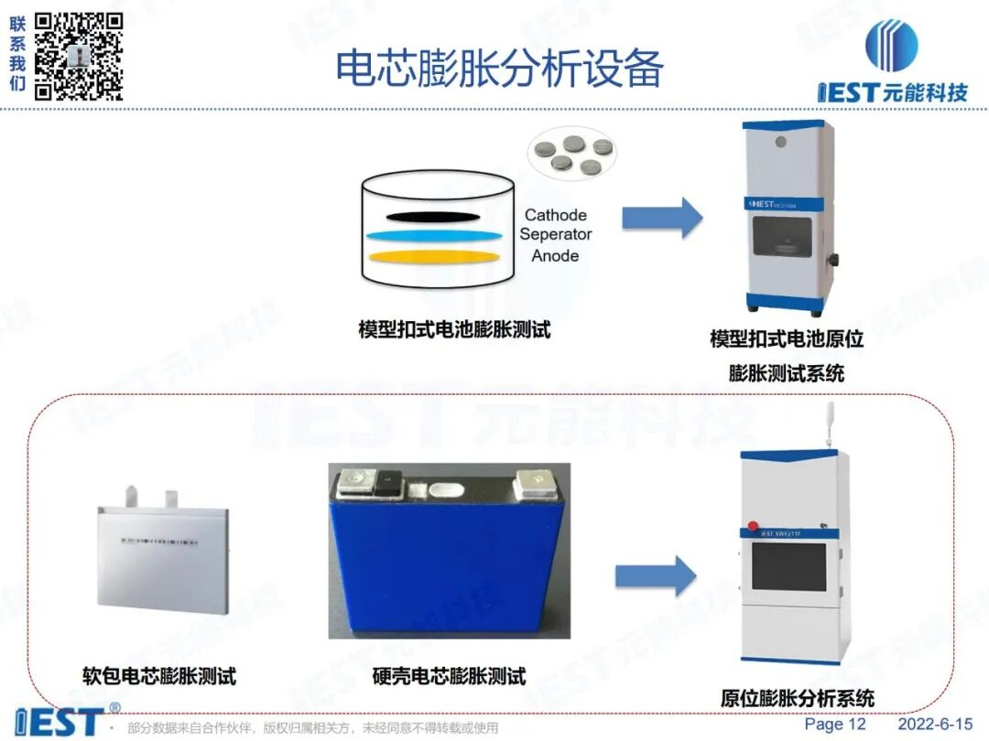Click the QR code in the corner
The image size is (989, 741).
click(x=79, y=55)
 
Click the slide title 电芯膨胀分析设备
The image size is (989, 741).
click(x=499, y=68)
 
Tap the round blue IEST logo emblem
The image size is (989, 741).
click(x=891, y=45)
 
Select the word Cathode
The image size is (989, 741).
click(x=555, y=216)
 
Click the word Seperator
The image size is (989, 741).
click(x=556, y=235)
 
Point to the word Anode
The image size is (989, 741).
click(x=555, y=256)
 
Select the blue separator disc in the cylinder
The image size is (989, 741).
click(x=434, y=236)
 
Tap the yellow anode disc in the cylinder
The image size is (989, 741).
click(x=434, y=256)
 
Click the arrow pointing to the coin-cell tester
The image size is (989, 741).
click(x=661, y=219)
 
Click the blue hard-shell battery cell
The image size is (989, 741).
click(x=448, y=558)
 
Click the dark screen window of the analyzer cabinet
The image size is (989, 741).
click(x=788, y=567)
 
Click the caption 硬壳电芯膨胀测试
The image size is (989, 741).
click(x=449, y=677)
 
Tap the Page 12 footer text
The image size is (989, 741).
click(x=834, y=725)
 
